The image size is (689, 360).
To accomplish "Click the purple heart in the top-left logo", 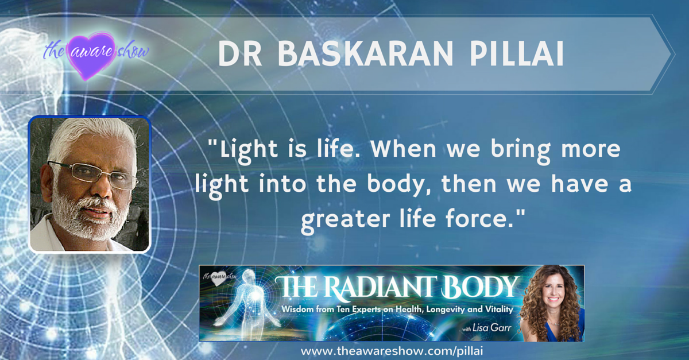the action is tap(92, 55).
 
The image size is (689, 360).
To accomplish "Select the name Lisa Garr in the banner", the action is tap(492, 328).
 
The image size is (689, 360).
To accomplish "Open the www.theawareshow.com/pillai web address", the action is tap(392, 351).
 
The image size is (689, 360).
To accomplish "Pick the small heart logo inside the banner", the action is tap(219, 278).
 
